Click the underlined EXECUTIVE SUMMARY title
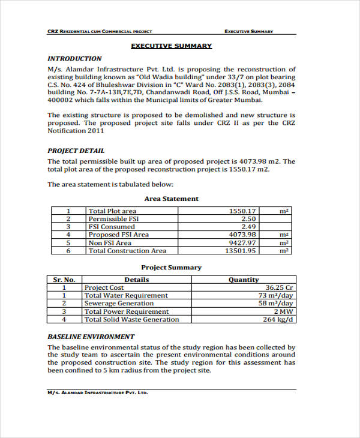click(172, 46)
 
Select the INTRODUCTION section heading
click(74, 59)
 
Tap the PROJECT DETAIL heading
click(76, 151)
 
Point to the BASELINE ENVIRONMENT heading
click(91, 337)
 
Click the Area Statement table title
click(171, 199)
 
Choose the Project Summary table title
click(171, 268)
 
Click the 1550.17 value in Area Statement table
click(242, 211)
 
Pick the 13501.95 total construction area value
click(240, 251)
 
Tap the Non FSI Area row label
click(110, 243)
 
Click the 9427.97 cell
click(242, 243)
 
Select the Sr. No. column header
click(64, 280)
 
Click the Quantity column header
click(244, 280)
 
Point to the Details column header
click(136, 280)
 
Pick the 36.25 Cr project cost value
click(279, 287)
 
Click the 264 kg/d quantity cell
click(278, 319)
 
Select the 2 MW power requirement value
click(283, 311)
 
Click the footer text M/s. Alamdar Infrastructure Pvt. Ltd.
click(97, 393)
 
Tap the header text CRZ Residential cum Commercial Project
click(100, 31)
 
